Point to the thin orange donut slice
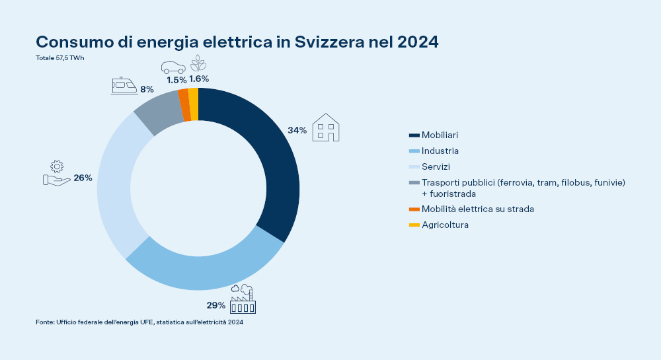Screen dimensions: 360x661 [x=184, y=104]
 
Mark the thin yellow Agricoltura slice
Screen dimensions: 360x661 [x=193, y=103]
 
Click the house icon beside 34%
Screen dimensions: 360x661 [x=326, y=127]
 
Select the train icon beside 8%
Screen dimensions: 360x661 [x=124, y=86]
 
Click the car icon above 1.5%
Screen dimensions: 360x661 [x=173, y=67]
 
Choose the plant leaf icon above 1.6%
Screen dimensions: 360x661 [x=198, y=63]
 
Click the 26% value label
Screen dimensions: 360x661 [x=83, y=178]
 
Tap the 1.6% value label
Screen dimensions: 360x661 [x=198, y=79]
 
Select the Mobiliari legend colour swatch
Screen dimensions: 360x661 [x=414, y=135]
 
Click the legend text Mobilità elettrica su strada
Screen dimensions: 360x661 [x=477, y=209]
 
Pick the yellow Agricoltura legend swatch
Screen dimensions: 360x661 [x=414, y=225]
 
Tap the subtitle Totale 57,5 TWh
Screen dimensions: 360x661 [x=60, y=58]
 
